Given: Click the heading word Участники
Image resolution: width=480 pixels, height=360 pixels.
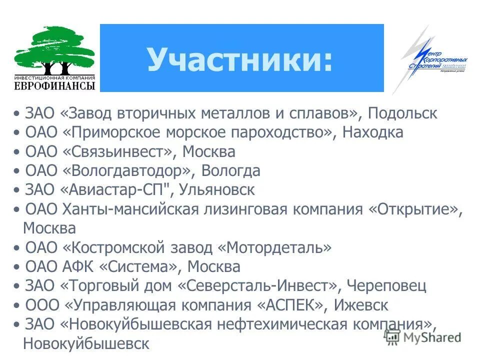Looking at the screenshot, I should pos(239,59).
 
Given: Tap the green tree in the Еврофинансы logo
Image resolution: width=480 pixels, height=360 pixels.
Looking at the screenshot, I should pos(54,50).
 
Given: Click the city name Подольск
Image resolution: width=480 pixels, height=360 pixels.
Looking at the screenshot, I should pos(402,113).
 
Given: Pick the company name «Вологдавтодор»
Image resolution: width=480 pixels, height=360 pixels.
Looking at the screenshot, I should pos(127,171).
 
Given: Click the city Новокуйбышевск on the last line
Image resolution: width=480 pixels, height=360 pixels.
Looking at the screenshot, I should pos(86,343).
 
